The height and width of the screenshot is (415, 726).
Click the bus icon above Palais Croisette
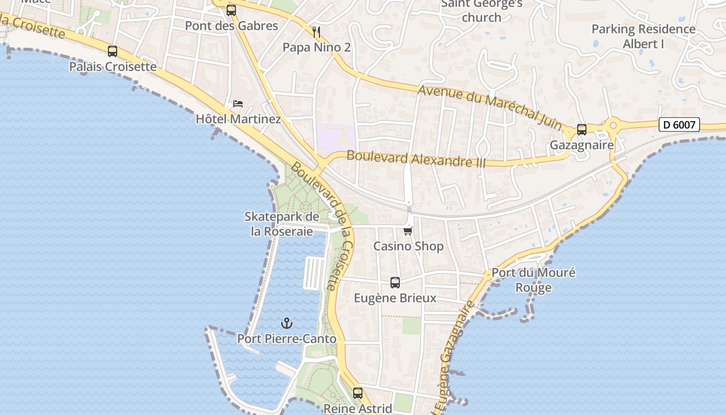[113, 51]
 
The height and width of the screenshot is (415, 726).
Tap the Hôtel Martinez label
[238, 119]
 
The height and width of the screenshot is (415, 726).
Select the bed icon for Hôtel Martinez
[238, 104]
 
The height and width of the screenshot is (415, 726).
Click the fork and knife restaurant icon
[316, 32]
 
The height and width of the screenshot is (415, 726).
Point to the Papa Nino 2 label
[316, 48]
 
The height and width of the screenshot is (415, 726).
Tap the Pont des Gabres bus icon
[231, 10]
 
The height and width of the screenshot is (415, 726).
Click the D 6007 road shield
[679, 125]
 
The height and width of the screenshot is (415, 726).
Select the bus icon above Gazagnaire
[582, 130]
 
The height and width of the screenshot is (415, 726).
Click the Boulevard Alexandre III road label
[416, 159]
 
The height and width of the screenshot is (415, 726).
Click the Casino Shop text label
[409, 246]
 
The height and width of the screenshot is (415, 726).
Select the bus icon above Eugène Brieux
[395, 283]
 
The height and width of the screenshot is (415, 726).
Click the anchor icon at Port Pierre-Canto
[287, 324]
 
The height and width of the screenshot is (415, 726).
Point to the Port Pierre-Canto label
[287, 339]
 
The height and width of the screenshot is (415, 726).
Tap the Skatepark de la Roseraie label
[282, 224]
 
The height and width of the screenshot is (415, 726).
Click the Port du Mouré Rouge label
[534, 280]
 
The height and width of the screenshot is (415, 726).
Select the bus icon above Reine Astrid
[358, 393]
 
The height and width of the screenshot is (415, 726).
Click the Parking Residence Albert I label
[644, 36]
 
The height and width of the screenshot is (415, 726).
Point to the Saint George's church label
[482, 10]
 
